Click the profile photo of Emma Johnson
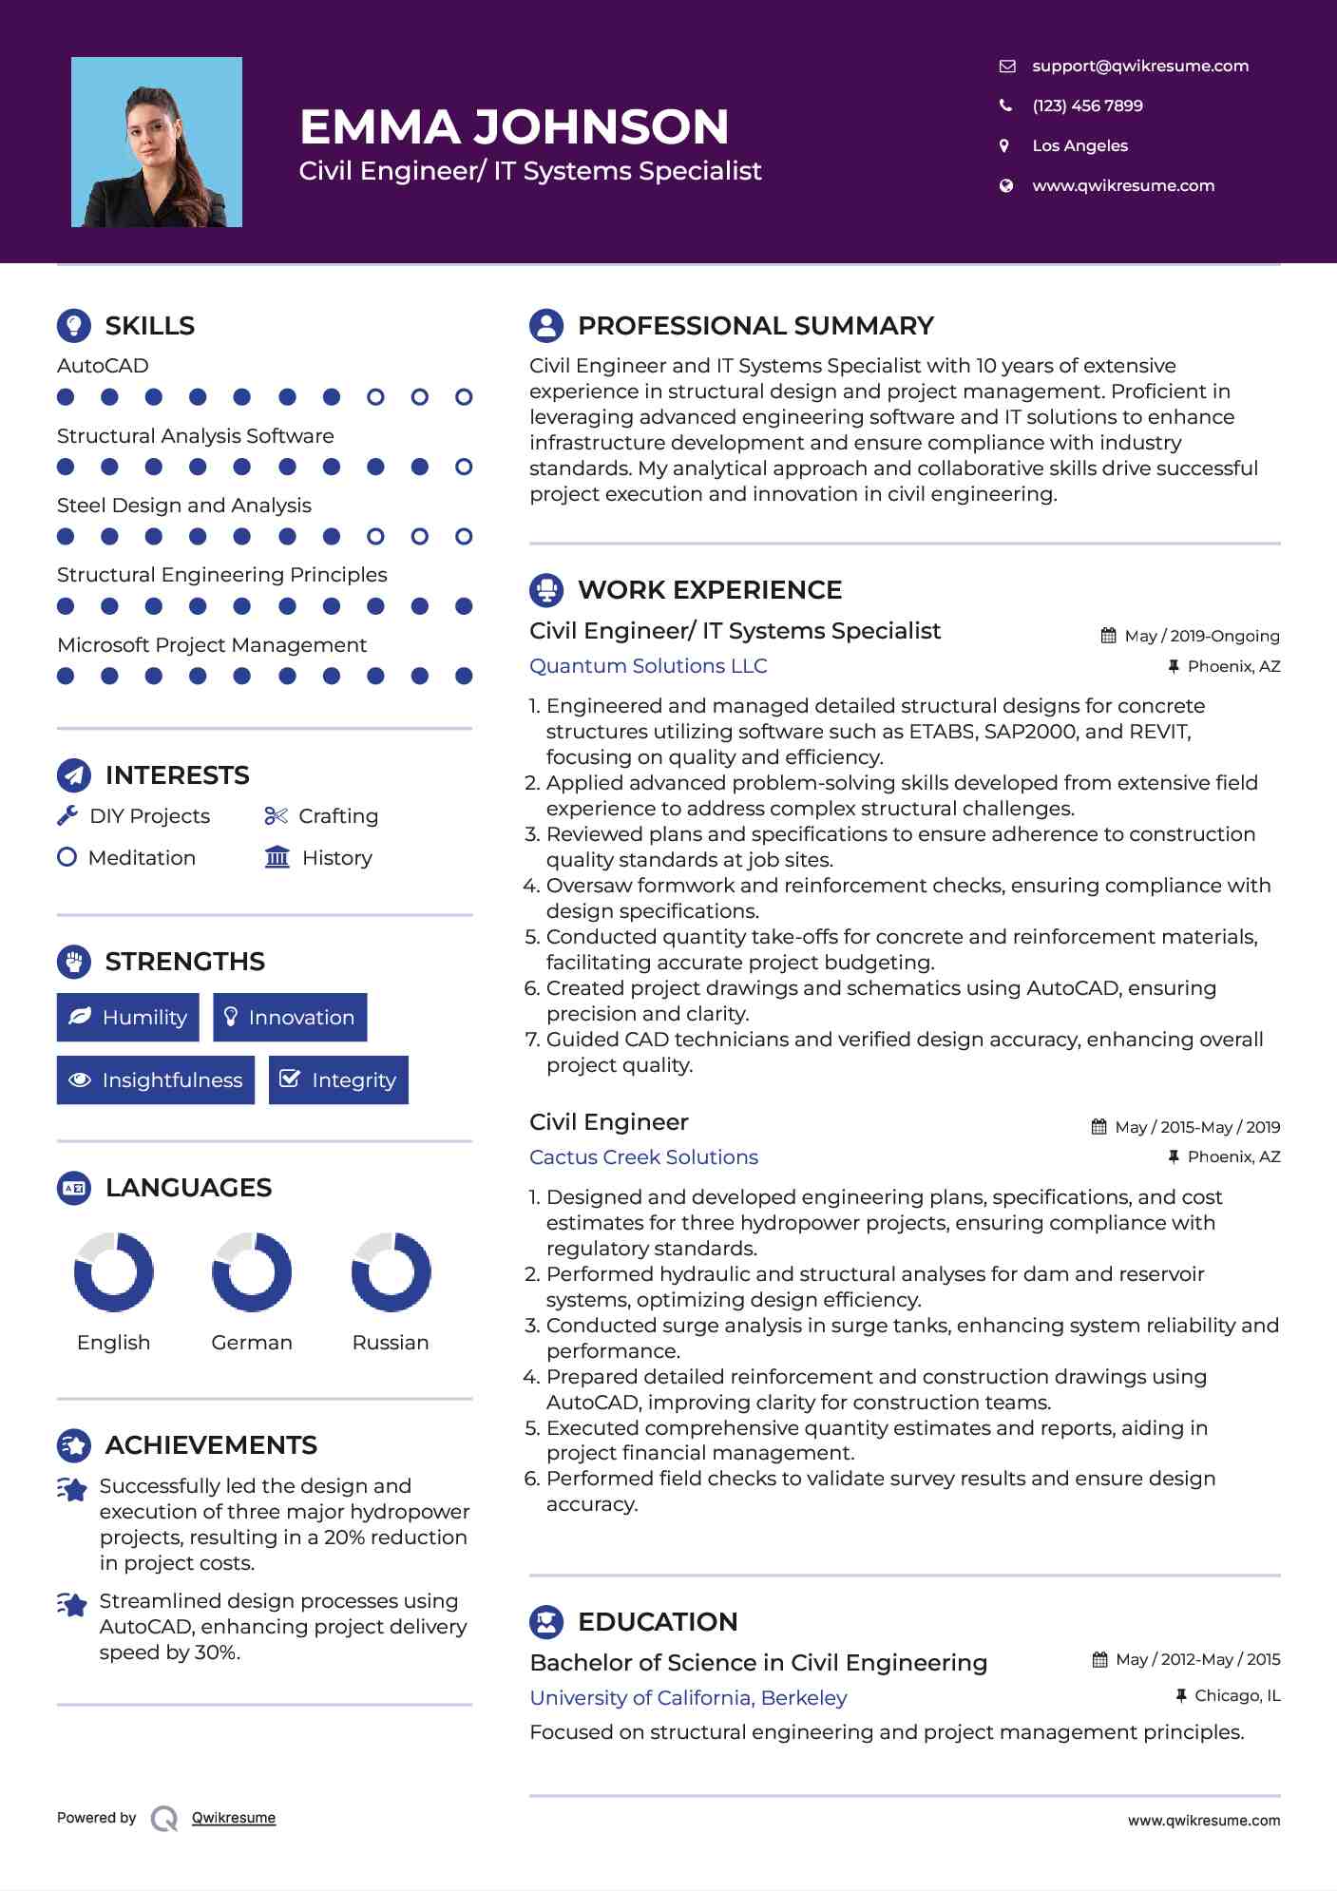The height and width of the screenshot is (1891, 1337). [x=157, y=142]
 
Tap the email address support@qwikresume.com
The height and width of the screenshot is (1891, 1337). [x=1139, y=66]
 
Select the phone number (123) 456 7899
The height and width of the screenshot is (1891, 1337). [x=1087, y=105]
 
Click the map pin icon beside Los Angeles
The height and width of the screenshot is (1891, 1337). [x=1004, y=145]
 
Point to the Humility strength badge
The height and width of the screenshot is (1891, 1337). [x=128, y=1017]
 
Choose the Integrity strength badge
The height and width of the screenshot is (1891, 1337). [x=338, y=1079]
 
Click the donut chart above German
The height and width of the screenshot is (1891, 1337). [x=252, y=1271]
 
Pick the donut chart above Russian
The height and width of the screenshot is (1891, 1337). [x=391, y=1271]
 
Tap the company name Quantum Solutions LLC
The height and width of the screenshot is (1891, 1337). [x=648, y=666]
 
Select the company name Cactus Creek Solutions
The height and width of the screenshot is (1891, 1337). [x=643, y=1157]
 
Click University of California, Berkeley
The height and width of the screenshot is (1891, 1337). [x=688, y=1698]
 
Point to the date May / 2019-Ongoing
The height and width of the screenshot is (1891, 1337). [x=1201, y=636]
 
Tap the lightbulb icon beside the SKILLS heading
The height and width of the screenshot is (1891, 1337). [x=74, y=325]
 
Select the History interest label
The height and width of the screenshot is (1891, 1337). [x=336, y=858]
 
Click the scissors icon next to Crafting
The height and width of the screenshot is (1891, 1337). [x=276, y=815]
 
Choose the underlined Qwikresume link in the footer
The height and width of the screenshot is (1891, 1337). [x=234, y=1818]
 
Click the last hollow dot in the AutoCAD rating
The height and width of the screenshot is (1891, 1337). [x=464, y=397]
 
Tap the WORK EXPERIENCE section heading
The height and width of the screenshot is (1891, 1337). [x=709, y=590]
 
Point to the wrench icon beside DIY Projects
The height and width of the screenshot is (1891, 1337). [x=67, y=815]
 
